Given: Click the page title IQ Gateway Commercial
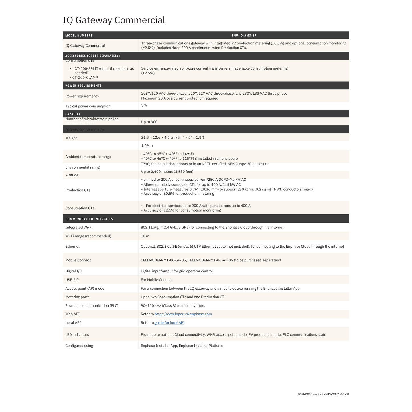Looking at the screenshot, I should coord(114,20).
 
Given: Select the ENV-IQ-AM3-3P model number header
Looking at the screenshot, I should coord(244,36).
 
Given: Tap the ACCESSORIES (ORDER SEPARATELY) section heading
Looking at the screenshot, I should coord(93,56).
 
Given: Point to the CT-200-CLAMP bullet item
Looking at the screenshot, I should coord(85,78).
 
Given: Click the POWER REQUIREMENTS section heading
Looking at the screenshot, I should coord(83,86).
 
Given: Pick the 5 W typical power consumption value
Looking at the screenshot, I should coord(144,105).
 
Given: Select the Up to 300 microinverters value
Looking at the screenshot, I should coord(149,122).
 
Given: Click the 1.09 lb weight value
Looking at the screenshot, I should coord(147,146).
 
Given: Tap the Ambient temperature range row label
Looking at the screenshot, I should coord(88,157).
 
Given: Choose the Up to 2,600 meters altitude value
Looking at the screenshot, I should coord(167,172).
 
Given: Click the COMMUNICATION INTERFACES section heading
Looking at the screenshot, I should coord(89,219).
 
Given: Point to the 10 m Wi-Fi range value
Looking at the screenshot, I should coord(145,236).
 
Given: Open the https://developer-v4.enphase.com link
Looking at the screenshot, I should coord(183,314).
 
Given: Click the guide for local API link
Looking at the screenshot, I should coord(169,323).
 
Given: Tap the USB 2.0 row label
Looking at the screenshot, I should coord(72,280).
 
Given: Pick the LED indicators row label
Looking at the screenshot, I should coord(77,335).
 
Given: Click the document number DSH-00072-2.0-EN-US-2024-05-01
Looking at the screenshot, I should coord(323,394).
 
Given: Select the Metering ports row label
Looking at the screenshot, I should coord(77,297).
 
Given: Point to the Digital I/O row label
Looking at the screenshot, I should coord(74,271).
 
